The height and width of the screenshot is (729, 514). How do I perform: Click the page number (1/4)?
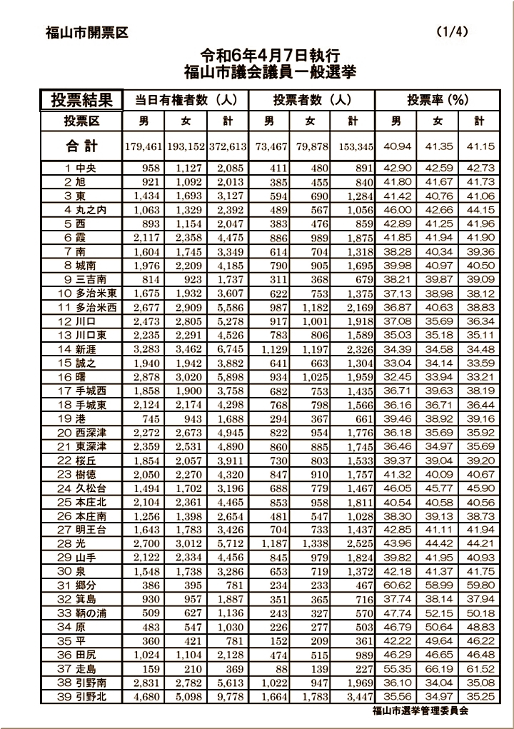coord(452,32)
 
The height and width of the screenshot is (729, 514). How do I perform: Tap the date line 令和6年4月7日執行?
coord(269,55)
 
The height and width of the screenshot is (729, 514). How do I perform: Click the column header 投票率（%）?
coord(438,100)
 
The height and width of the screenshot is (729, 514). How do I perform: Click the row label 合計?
coord(81,146)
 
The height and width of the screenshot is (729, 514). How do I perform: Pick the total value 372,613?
coord(228,146)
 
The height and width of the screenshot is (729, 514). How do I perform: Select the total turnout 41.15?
coord(480,146)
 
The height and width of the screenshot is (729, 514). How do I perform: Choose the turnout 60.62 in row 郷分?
coord(397,584)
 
